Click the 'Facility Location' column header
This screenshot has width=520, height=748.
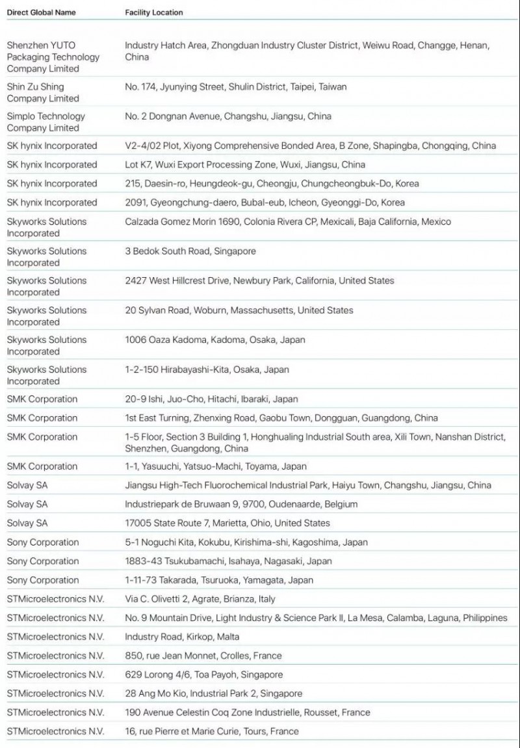[154, 12]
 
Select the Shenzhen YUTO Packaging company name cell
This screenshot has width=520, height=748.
[53, 57]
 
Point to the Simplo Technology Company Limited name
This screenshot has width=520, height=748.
[45, 122]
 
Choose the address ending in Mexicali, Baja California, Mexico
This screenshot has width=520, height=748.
[288, 221]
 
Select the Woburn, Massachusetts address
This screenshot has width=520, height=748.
[239, 310]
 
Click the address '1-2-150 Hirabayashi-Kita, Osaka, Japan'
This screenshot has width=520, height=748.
[207, 369]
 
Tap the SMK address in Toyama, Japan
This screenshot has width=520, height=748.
[216, 466]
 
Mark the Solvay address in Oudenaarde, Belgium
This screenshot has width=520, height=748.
[241, 504]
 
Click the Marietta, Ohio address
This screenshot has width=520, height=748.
[227, 523]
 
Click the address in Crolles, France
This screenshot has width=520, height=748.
[203, 656]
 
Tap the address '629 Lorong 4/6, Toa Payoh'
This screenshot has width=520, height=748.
[204, 675]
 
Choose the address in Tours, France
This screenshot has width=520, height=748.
[212, 731]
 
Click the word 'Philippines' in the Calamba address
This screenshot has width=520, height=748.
[485, 618]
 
